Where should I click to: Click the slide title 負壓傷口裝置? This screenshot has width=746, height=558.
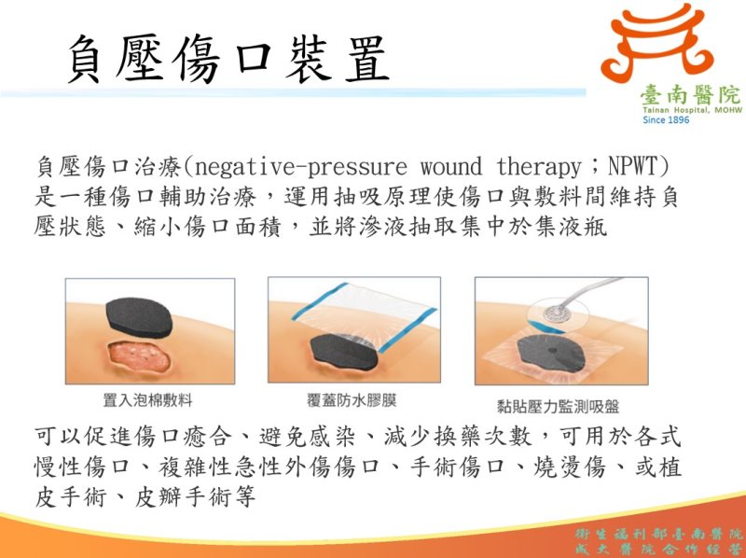(228, 59)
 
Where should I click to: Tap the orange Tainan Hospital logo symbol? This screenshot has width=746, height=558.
(658, 42)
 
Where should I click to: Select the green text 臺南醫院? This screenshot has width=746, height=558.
(690, 96)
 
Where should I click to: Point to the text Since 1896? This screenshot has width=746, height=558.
(666, 120)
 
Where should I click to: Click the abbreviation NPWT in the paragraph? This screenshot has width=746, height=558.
(631, 167)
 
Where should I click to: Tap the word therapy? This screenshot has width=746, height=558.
(539, 168)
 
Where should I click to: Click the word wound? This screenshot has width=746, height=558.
(450, 168)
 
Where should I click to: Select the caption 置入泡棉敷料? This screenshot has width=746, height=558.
(147, 400)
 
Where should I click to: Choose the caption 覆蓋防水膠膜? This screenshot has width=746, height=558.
(352, 400)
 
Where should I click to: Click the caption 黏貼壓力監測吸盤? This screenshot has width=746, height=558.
(558, 406)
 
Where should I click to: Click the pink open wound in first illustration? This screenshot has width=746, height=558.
(139, 356)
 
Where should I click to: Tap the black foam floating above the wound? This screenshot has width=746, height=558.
(139, 317)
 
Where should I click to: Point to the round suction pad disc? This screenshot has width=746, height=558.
(557, 314)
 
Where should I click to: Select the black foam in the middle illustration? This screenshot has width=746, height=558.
(343, 353)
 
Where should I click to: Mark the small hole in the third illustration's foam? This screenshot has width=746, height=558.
(551, 351)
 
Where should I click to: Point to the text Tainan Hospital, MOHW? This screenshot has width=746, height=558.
(692, 110)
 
